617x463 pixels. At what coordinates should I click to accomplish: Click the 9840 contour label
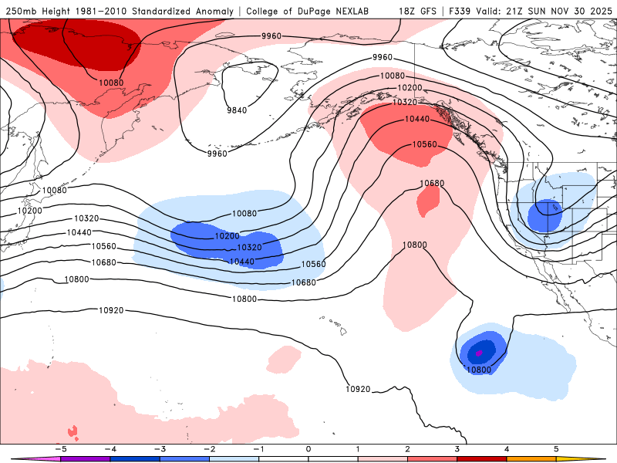pos(237,110)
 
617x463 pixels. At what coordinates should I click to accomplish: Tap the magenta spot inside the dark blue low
pos(479,353)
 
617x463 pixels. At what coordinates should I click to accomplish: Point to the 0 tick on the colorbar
pos(308,448)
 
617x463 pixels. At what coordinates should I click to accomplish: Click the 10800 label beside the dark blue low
pos(479,370)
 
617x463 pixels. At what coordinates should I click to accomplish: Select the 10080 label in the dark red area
pos(111,83)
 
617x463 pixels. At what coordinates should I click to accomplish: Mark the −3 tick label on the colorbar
pos(159,448)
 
